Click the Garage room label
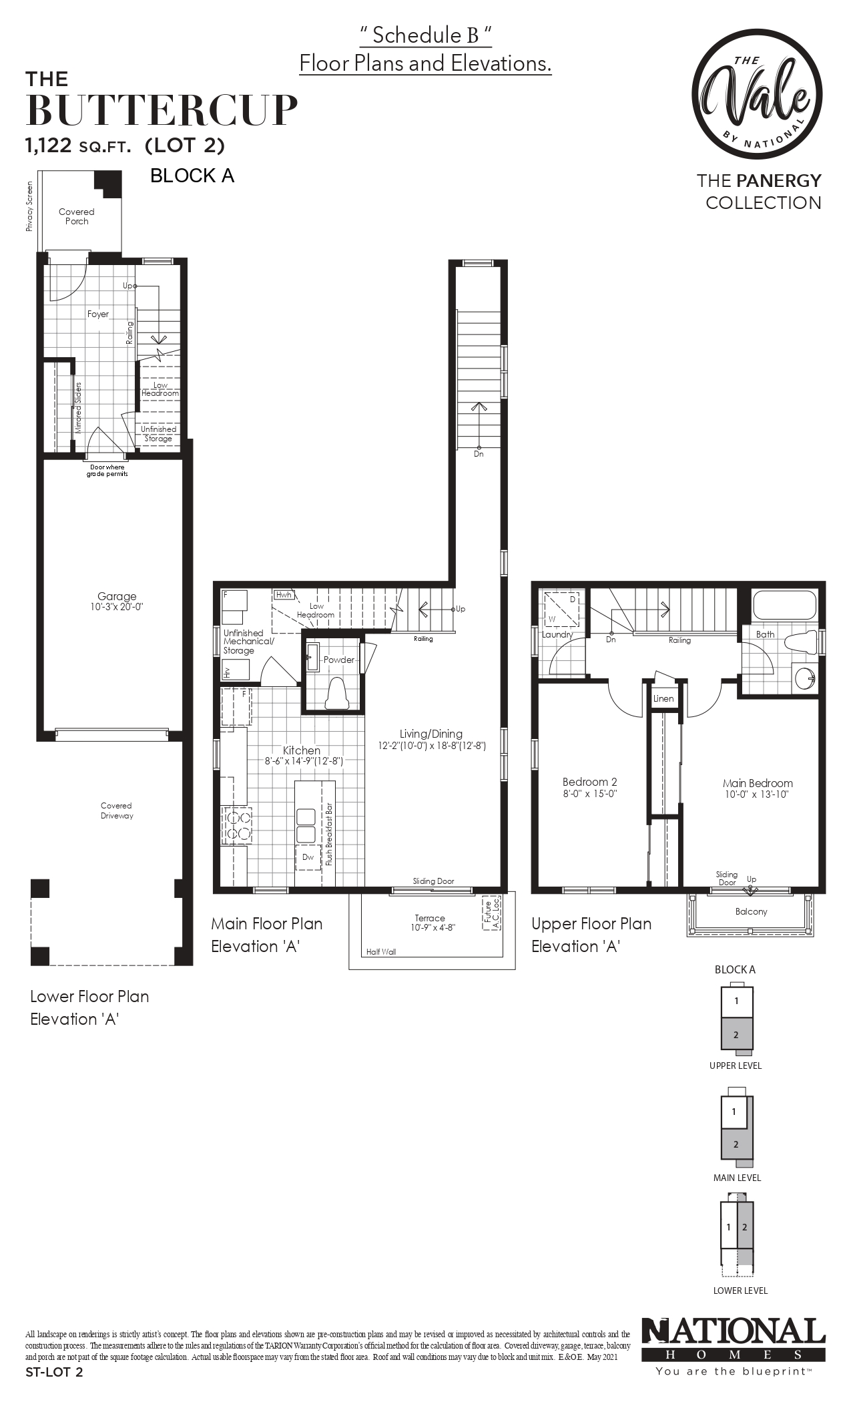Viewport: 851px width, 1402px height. click(x=117, y=596)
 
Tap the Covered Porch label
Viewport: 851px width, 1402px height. click(x=77, y=216)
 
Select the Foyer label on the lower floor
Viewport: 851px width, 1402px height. click(x=98, y=314)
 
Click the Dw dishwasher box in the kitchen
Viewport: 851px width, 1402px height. click(x=308, y=857)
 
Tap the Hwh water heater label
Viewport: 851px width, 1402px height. click(x=283, y=594)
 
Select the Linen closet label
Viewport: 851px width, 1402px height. click(x=663, y=698)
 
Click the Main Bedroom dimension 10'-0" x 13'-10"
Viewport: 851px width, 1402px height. click(x=758, y=794)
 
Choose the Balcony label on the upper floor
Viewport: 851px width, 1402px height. click(x=751, y=911)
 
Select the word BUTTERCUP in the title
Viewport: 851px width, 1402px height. click(x=162, y=110)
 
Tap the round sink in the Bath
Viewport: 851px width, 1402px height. click(x=805, y=678)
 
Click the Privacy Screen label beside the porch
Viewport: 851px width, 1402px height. click(x=29, y=206)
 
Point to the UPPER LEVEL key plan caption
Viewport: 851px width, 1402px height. click(x=736, y=1066)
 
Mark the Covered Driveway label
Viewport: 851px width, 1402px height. click(x=117, y=810)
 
